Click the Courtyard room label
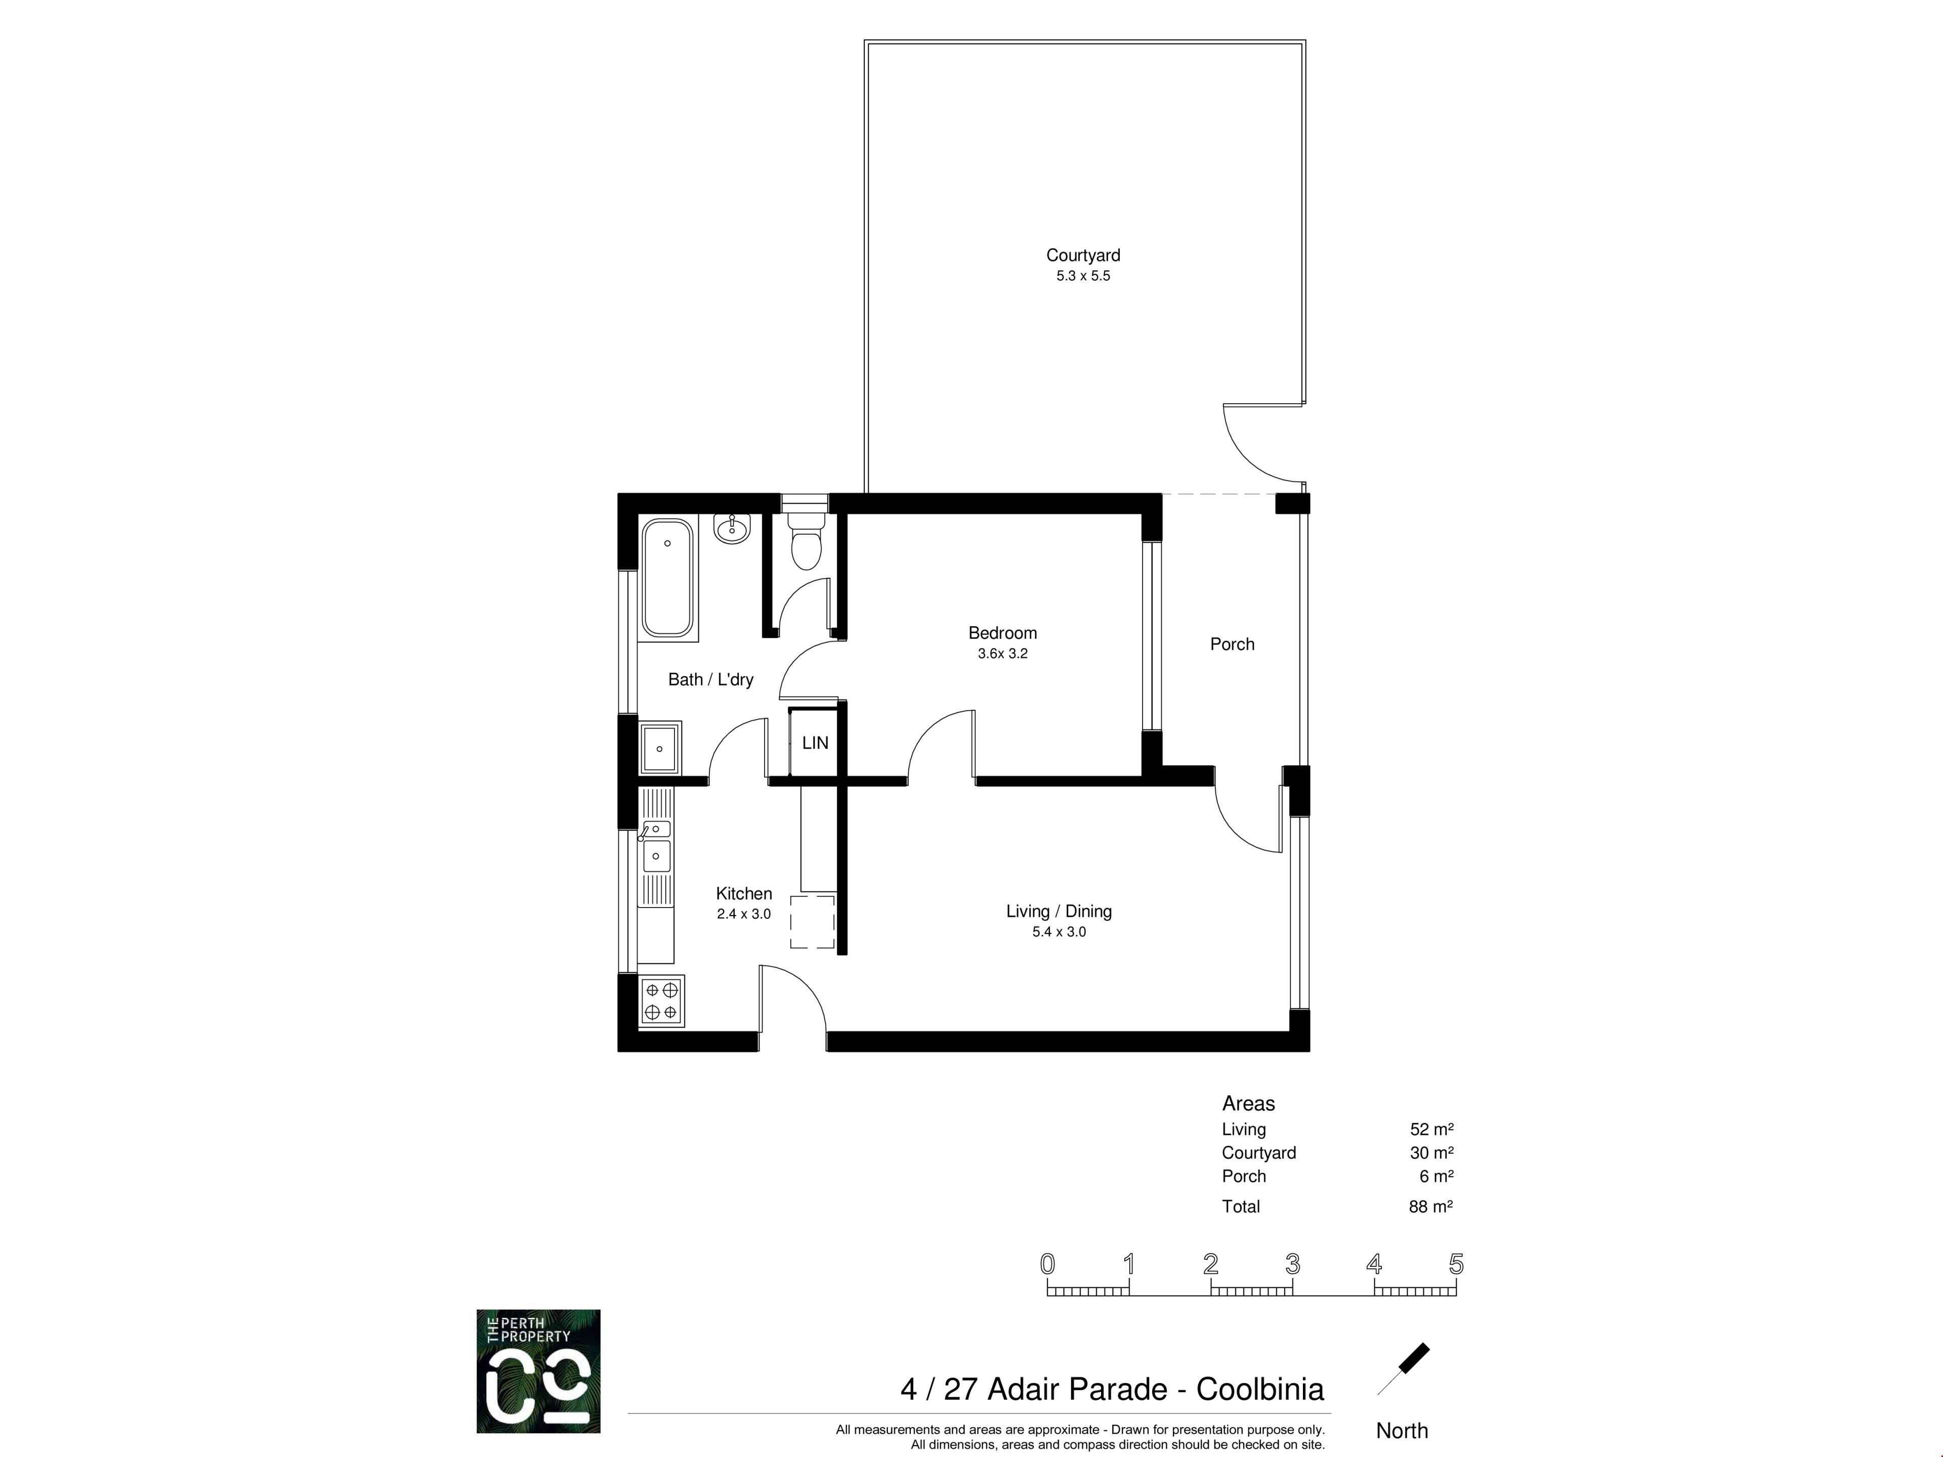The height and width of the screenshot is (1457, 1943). coord(1083,255)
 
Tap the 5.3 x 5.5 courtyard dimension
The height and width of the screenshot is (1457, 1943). coord(1083,276)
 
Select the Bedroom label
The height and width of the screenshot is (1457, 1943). coord(1002,633)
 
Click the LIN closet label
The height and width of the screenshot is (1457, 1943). coord(815,743)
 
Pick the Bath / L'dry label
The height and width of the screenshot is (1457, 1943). coord(710,680)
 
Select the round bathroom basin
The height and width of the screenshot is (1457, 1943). coord(732,529)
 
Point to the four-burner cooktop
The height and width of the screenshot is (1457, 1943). coord(661,1001)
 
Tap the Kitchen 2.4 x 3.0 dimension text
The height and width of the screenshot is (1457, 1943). coord(744,914)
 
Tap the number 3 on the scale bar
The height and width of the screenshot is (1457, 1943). coord(1293,1265)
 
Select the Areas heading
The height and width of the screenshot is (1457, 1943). coord(1248,1104)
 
